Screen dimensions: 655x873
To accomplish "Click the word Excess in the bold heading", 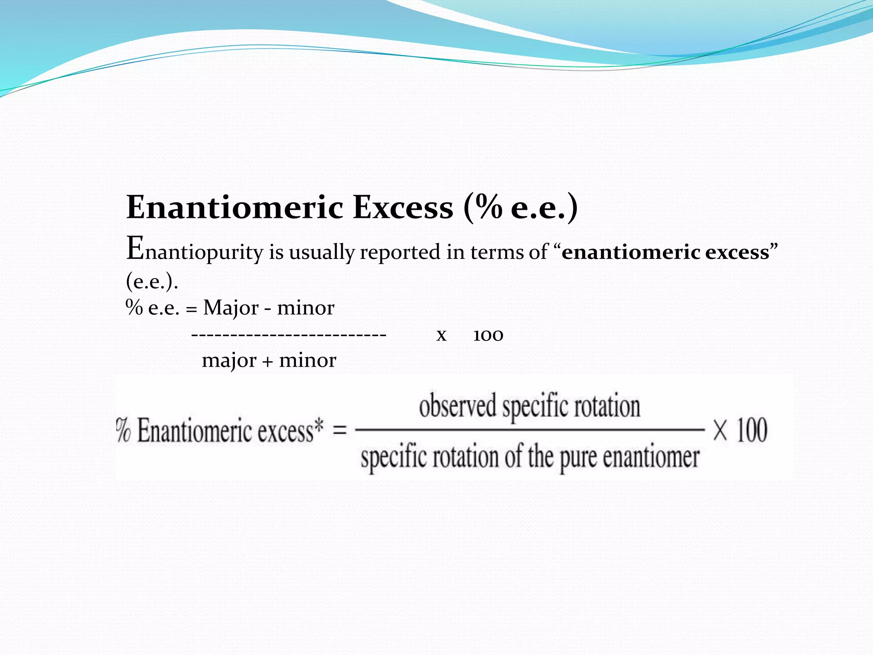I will (x=403, y=208).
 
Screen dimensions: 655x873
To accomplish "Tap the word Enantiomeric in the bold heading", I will (x=235, y=208).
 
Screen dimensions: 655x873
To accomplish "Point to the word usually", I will (x=321, y=252).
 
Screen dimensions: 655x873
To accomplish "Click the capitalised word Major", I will (x=231, y=308).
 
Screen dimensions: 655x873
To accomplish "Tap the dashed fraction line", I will (x=289, y=335).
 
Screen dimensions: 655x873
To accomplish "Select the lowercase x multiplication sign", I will (x=441, y=335).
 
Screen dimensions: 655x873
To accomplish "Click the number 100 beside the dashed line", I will (x=488, y=335).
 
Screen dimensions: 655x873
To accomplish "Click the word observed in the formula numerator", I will (x=457, y=406).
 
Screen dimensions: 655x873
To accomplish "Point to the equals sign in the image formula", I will (x=339, y=430).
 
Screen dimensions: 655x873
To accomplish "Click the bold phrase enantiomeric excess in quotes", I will (x=665, y=252).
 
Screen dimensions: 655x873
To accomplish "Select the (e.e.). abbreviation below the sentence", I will (x=152, y=281).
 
